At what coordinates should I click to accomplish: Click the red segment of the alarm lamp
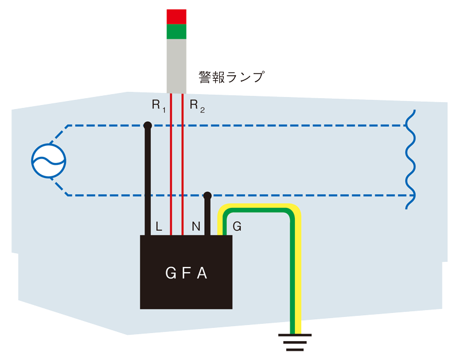tap(176, 17)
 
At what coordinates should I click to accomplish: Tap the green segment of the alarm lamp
tap(176, 32)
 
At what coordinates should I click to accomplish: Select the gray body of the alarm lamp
tap(176, 66)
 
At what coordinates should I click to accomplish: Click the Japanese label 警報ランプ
tap(232, 77)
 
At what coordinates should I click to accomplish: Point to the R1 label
tap(159, 106)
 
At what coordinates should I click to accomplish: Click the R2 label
tap(197, 106)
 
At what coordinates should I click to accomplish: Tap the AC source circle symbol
tap(49, 161)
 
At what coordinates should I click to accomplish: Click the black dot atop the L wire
tap(148, 126)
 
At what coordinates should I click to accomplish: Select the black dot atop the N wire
tap(207, 195)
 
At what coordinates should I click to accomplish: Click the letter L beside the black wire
tap(159, 226)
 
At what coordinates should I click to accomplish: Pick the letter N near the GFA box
tap(196, 226)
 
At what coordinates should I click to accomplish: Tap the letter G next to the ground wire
tap(237, 226)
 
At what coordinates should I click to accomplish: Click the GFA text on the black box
tap(186, 273)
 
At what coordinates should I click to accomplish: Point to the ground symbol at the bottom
tap(295, 342)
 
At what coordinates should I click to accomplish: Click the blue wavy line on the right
tap(410, 160)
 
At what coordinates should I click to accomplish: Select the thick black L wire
tap(148, 180)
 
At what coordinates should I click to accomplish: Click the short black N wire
tap(207, 215)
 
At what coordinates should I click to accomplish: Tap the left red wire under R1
tap(171, 164)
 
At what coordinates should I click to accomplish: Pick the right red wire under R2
tap(182, 164)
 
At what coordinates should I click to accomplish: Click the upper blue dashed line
tap(236, 126)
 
